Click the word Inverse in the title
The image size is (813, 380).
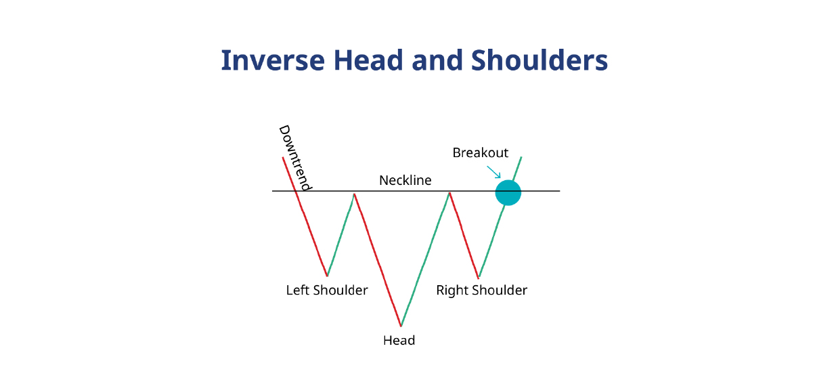tap(260, 60)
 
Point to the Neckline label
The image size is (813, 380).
tap(405, 180)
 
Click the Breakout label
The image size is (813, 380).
tap(480, 153)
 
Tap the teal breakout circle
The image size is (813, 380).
tap(508, 192)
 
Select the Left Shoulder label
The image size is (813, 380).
tap(327, 291)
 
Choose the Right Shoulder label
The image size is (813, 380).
tap(481, 291)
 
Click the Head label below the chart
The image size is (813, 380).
tap(399, 340)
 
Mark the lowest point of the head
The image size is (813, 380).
tap(401, 326)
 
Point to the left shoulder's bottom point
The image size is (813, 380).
tap(328, 276)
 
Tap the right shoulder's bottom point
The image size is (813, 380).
tap(479, 278)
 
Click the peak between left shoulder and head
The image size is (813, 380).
tap(354, 194)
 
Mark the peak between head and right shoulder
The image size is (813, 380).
tap(449, 193)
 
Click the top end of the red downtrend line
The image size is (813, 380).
tap(282, 157)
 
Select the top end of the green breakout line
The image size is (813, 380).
tap(521, 157)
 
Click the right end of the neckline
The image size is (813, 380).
tap(559, 191)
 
